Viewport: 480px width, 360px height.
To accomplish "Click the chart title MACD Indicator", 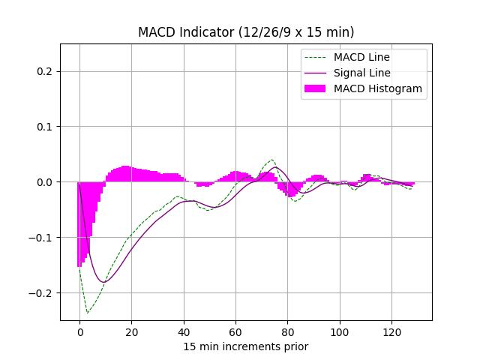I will (x=246, y=32).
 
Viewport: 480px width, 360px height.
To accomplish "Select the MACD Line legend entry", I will (x=361, y=57).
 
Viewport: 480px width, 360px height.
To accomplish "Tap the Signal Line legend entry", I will (x=362, y=73).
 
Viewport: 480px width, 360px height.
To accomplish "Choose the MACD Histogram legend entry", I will (x=378, y=88).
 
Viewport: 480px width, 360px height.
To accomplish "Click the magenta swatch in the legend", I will (x=315, y=88).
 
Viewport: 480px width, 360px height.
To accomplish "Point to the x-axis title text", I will (x=246, y=346).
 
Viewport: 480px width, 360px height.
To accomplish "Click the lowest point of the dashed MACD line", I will (x=88, y=313).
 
